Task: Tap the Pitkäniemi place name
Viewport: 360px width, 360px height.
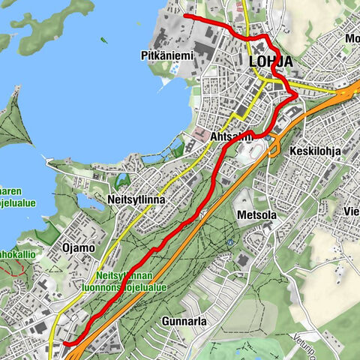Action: (x=166, y=55)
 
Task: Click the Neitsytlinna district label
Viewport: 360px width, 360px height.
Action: (x=135, y=201)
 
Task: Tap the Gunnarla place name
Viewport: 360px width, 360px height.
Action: (x=183, y=321)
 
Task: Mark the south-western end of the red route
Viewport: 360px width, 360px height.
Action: (x=64, y=343)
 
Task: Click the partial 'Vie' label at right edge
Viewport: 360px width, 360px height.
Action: (x=351, y=211)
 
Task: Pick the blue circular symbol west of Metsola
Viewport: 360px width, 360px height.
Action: (x=229, y=243)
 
